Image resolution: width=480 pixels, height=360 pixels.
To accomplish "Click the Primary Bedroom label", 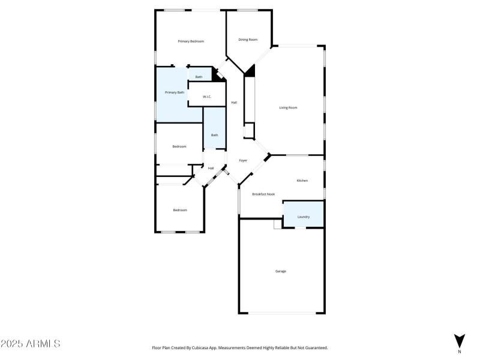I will coord(191,41).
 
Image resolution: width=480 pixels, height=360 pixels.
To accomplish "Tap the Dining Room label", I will coord(248,40).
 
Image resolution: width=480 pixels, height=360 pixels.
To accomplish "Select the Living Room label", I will coord(288,108).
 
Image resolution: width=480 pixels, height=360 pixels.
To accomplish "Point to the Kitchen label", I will coord(302,181).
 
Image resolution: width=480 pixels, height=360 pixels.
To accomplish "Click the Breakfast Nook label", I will coord(263,194).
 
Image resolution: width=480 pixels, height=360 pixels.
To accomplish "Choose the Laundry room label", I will coord(304,217).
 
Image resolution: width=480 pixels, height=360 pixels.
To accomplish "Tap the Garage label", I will coord(280,271).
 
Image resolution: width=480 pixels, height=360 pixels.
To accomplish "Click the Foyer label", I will coord(243,161).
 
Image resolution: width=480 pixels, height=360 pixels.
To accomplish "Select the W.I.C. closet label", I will coord(206,97).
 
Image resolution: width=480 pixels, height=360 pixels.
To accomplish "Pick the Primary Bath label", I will coord(175,92).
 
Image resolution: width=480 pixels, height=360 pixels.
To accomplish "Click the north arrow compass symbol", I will coord(460,341).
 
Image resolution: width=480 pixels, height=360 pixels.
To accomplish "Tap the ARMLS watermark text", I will coord(31,344).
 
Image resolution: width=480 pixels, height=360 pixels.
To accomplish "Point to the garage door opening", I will coord(282,313).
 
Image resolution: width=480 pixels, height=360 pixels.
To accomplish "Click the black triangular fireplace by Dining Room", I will coord(251,70).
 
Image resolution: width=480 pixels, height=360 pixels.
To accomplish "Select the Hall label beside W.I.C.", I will coord(234,103).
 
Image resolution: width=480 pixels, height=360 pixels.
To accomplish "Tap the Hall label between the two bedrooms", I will coord(211,168).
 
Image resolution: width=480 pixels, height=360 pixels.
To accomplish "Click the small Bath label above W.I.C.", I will coord(199,77).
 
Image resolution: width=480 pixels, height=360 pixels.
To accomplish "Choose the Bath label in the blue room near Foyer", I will coord(214,135).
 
